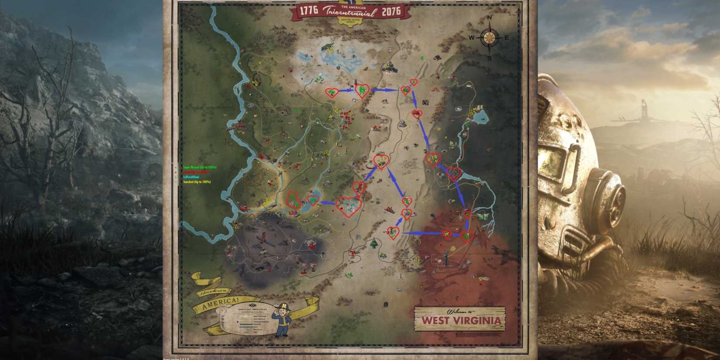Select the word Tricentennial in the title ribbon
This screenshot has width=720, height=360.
[x=350, y=12]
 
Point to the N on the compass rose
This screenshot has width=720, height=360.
[x=489, y=18]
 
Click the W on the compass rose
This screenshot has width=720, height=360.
[x=472, y=38]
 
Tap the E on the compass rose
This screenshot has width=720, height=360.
[x=506, y=38]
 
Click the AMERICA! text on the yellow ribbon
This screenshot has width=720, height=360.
[x=220, y=304]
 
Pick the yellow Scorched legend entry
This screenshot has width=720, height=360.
[x=197, y=182]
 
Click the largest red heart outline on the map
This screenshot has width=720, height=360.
[x=349, y=206]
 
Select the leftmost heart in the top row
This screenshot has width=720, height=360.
[x=332, y=92]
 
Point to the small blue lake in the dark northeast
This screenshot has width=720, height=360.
[x=480, y=116]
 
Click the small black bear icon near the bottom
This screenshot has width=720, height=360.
[x=385, y=304]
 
